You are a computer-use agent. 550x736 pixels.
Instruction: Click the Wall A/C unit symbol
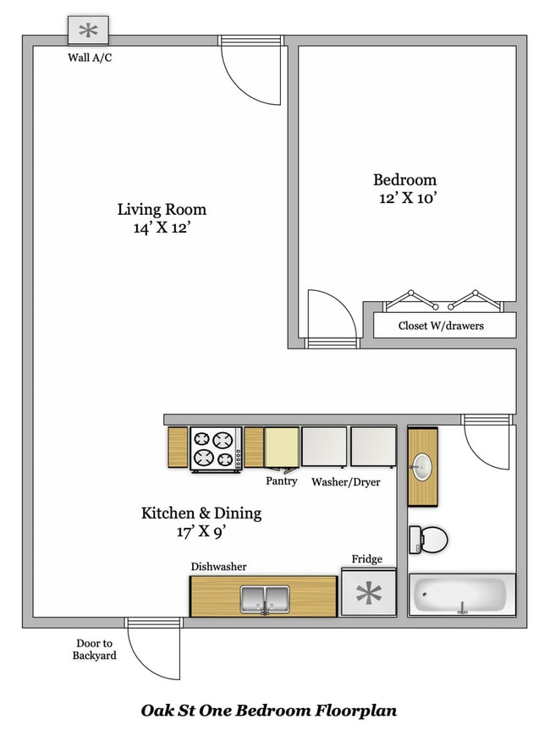click(x=88, y=31)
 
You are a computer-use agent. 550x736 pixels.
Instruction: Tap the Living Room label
click(x=162, y=209)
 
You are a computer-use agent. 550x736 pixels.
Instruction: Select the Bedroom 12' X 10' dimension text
click(x=404, y=199)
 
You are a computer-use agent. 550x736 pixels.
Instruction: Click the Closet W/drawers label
click(x=441, y=326)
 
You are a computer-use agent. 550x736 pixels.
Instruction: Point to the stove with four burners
click(x=213, y=448)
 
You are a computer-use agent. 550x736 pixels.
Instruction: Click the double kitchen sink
click(x=264, y=598)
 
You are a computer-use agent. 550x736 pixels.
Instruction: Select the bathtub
click(x=461, y=596)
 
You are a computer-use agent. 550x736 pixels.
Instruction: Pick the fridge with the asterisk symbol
click(x=368, y=594)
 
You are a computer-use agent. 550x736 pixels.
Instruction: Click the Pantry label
click(x=281, y=481)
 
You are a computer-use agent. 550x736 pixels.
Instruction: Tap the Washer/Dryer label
click(x=345, y=482)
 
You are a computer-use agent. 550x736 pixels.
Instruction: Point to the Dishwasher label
click(x=218, y=567)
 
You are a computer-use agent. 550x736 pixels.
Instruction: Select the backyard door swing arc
click(x=157, y=651)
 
